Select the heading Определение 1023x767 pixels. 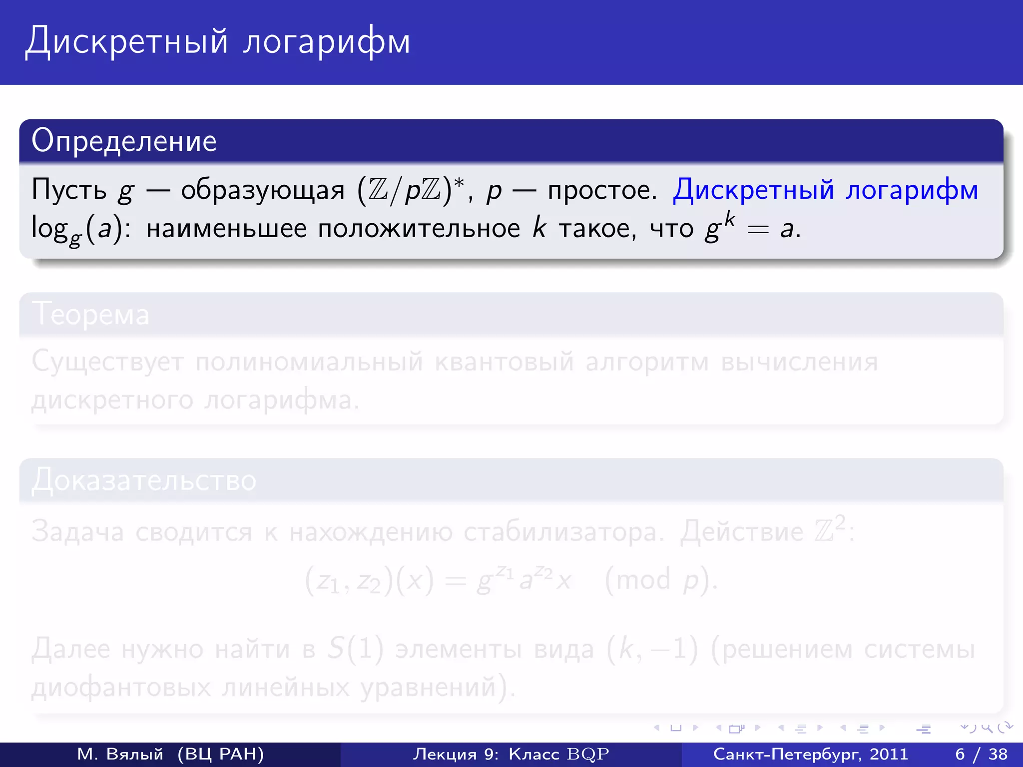tap(124, 141)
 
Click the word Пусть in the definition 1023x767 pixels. tap(69, 190)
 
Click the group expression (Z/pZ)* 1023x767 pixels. tap(411, 190)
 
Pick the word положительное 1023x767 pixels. tap(419, 230)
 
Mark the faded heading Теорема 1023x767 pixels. tap(90, 315)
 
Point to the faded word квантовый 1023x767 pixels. tap(504, 362)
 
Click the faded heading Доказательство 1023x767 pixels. tap(144, 480)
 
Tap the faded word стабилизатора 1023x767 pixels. tap(564, 532)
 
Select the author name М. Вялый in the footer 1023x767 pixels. tap(120, 754)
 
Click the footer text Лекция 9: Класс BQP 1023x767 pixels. tap(511, 754)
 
